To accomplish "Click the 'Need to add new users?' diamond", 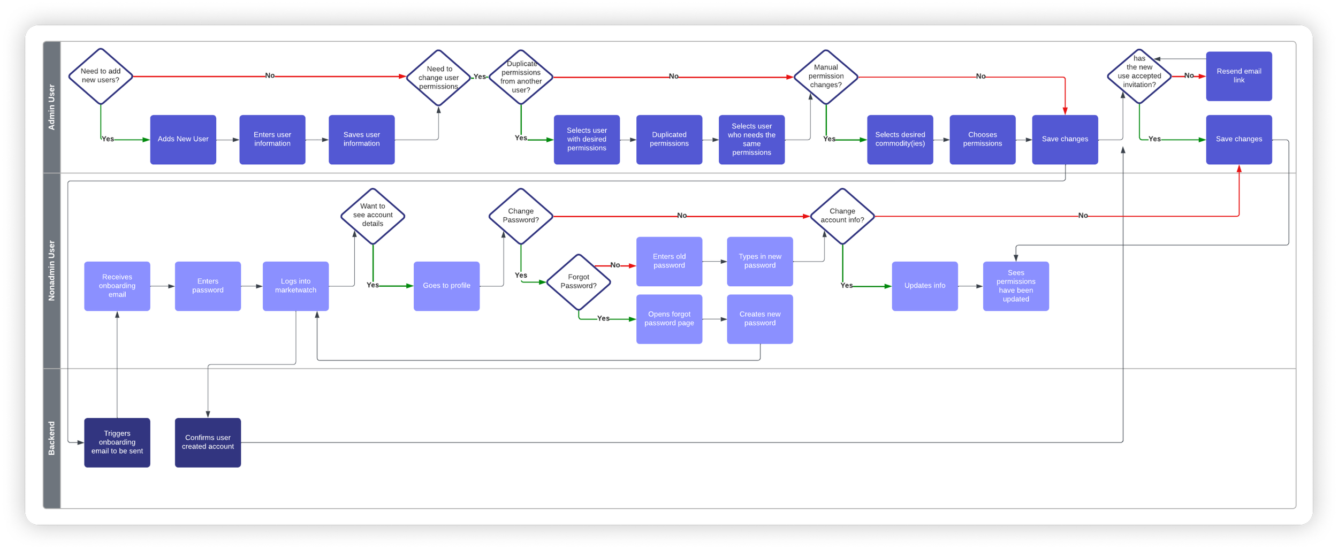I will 101,76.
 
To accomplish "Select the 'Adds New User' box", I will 183,139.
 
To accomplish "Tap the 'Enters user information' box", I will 272,139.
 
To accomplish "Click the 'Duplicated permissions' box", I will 669,139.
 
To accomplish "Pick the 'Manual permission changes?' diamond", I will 826,77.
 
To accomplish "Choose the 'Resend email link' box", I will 1238,76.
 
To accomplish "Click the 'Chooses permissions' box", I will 982,139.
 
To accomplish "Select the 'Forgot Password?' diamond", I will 579,281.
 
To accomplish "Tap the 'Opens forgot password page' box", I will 669,319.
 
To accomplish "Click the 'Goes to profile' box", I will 446,286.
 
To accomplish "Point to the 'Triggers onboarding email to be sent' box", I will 117,442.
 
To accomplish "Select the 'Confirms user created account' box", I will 208,442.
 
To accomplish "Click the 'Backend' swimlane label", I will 52,438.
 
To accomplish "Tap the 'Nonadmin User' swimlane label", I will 52,270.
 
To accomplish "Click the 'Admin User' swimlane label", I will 52,107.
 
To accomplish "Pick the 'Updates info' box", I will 924,286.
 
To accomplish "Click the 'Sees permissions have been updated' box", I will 1015,286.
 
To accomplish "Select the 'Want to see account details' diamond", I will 372,216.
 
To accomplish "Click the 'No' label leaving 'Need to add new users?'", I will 270,76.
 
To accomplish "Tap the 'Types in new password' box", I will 759,261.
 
